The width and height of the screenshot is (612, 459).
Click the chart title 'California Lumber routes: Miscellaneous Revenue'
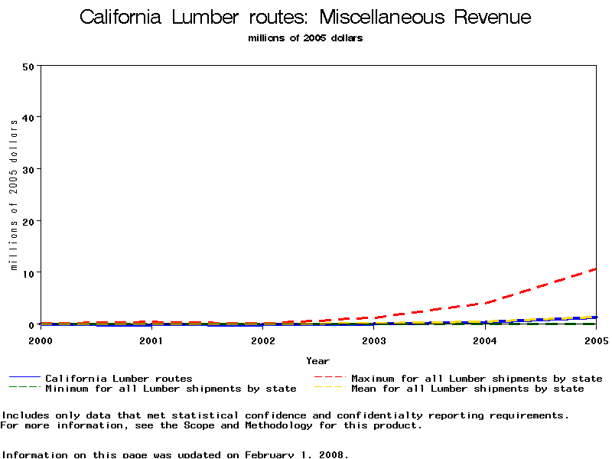click(305, 18)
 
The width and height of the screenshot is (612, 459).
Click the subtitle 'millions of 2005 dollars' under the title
click(305, 38)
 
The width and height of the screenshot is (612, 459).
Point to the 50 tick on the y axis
click(29, 66)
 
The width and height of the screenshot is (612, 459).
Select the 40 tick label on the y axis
click(29, 117)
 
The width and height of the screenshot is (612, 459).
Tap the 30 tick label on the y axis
click(29, 169)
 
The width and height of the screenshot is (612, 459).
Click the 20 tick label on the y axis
click(29, 221)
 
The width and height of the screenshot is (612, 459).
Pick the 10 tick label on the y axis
click(29, 273)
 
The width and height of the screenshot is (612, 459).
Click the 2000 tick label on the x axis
click(40, 340)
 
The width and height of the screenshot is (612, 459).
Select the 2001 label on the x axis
click(151, 340)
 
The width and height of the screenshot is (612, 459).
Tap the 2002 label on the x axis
click(262, 340)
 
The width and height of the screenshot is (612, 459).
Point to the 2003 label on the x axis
click(373, 340)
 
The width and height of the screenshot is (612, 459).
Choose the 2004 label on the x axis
click(485, 340)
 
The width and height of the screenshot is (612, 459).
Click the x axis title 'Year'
click(317, 361)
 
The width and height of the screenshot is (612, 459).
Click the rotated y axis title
click(14, 194)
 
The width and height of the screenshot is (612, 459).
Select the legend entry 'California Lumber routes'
click(119, 378)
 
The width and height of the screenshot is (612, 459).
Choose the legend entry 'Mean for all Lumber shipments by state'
click(467, 389)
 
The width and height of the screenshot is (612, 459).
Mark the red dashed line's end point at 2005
click(596, 269)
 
